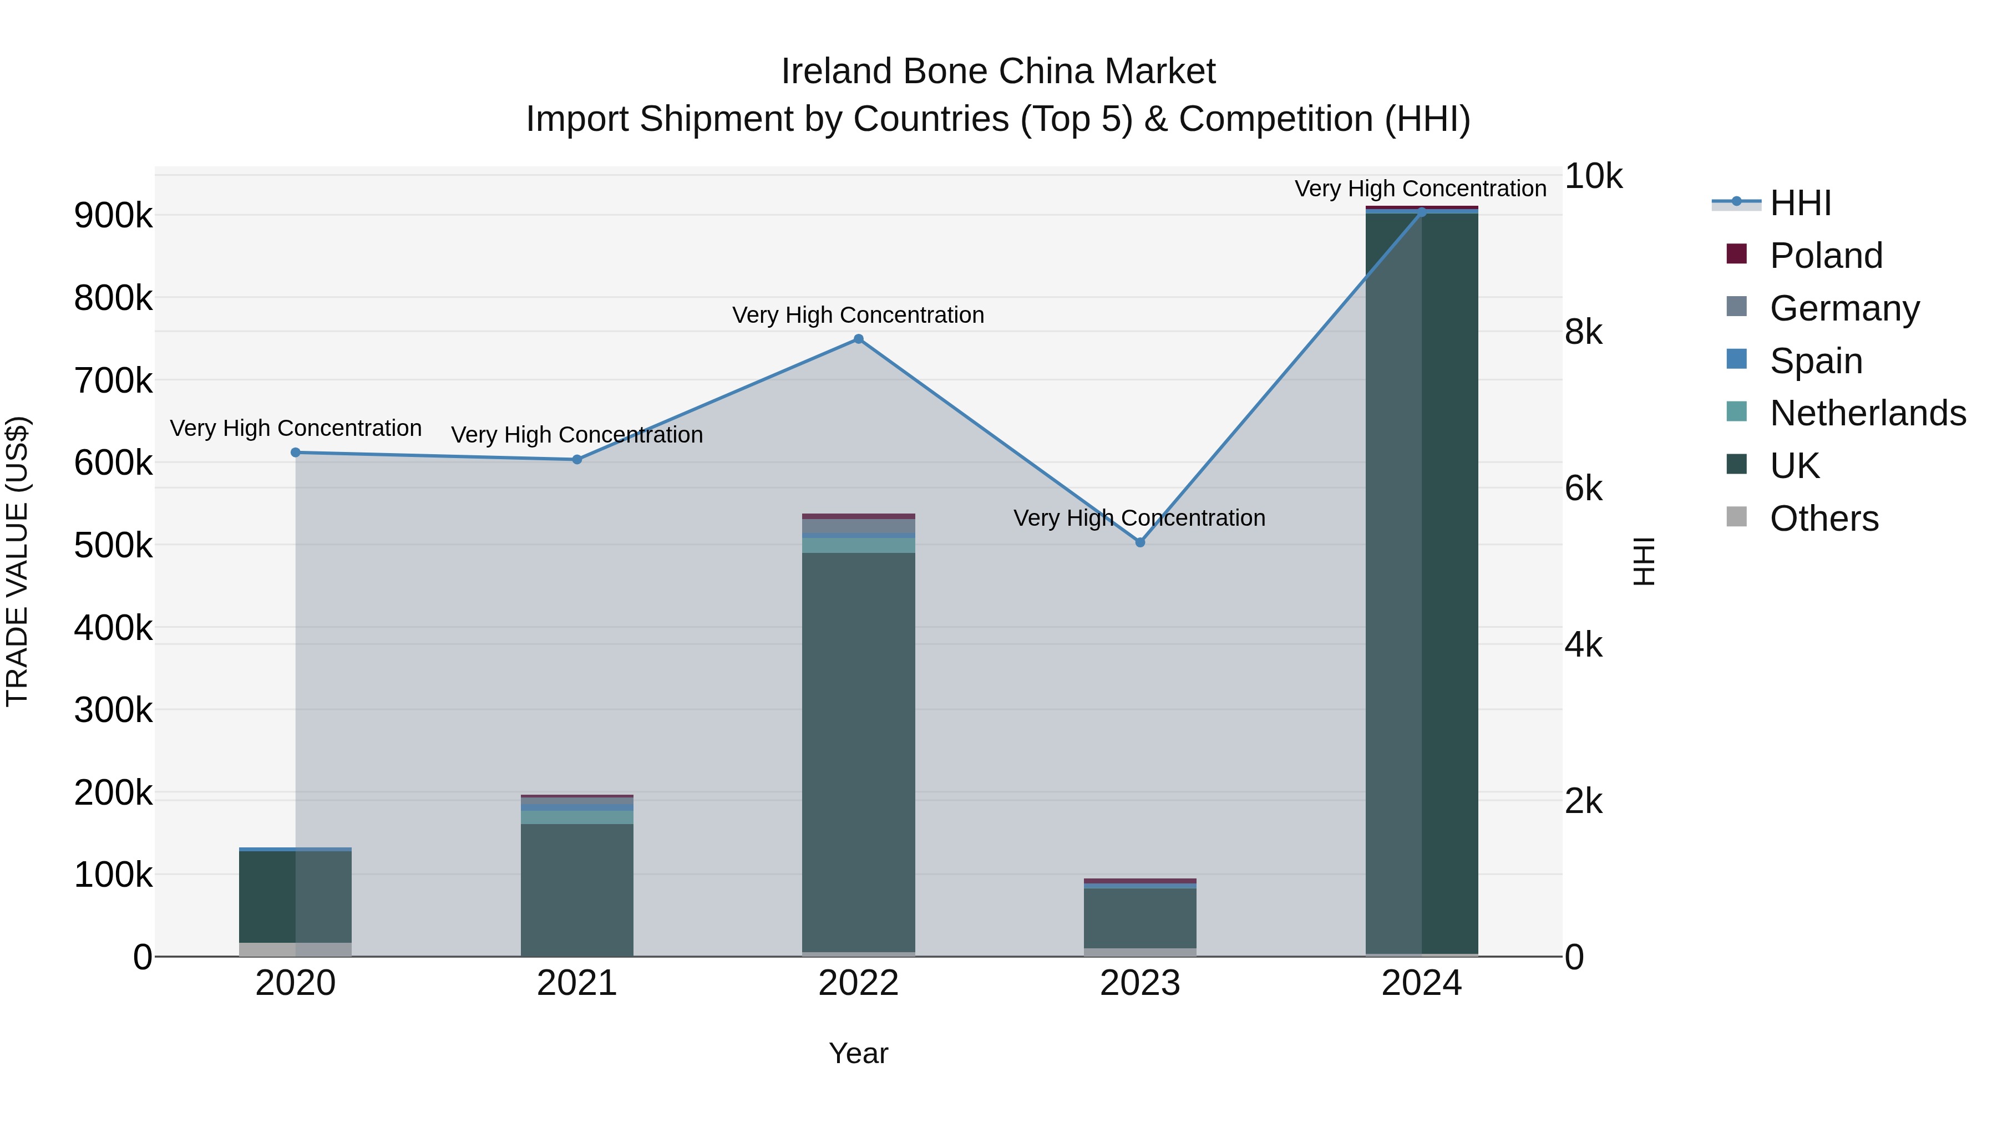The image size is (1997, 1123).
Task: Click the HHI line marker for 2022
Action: pyautogui.click(x=858, y=339)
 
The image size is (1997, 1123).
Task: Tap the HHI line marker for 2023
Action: pyautogui.click(x=1139, y=542)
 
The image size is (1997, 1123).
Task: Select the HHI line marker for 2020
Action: pyautogui.click(x=295, y=453)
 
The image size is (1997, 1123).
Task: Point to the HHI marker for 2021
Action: pyautogui.click(x=577, y=460)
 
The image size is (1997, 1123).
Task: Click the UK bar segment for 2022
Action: pyautogui.click(x=858, y=752)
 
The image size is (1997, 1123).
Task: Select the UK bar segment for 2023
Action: pyautogui.click(x=1139, y=918)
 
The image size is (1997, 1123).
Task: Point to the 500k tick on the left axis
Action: pyautogui.click(x=113, y=546)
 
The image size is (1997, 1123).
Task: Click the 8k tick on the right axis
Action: pyautogui.click(x=1583, y=333)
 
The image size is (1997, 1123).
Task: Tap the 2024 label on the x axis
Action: pyautogui.click(x=1421, y=983)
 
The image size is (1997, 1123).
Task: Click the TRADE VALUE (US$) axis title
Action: pyautogui.click(x=17, y=561)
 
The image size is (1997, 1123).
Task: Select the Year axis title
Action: pyautogui.click(x=858, y=1053)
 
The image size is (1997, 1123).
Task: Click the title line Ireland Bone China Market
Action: pyautogui.click(x=998, y=72)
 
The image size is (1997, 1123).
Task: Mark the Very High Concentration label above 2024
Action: pyautogui.click(x=1420, y=189)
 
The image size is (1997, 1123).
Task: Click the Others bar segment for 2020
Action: pyautogui.click(x=295, y=949)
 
